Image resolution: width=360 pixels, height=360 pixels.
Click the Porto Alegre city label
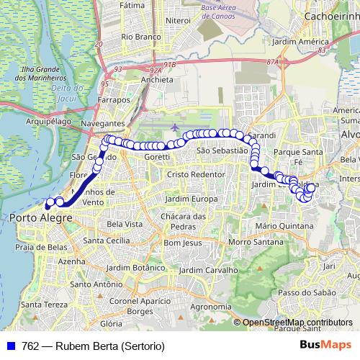coord(41,217)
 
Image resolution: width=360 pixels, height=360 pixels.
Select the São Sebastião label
coord(222,150)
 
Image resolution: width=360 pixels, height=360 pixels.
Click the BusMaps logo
coord(325,344)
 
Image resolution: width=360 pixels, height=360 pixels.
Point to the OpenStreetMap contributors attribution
coord(297,323)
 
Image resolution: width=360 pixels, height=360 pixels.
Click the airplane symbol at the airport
coord(175,127)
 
